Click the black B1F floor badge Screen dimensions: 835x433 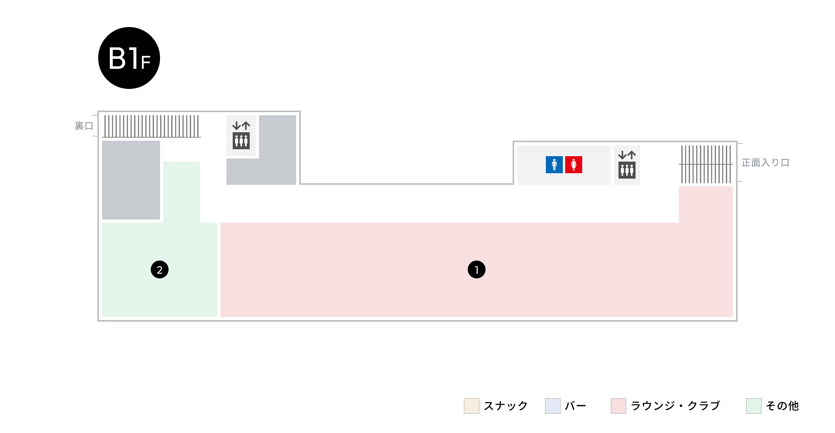click(129, 58)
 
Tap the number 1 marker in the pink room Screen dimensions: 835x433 click(477, 269)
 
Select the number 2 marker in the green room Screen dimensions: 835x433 click(160, 269)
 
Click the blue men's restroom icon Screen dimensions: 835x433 click(554, 165)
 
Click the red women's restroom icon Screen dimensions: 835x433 click(574, 165)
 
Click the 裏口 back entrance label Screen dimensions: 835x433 click(84, 126)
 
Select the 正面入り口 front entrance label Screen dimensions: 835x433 click(765, 162)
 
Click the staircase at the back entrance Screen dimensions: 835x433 click(152, 126)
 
